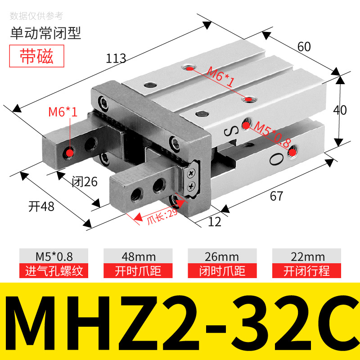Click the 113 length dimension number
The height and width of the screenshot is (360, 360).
pos(116,58)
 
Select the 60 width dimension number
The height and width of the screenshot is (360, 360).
pos(304,46)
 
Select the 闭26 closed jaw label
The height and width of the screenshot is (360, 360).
pos(85,181)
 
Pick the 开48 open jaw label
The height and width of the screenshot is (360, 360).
pos(41,206)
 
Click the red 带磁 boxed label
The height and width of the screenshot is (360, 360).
pos(37,56)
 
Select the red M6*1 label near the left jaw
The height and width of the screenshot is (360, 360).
pos(63,112)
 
